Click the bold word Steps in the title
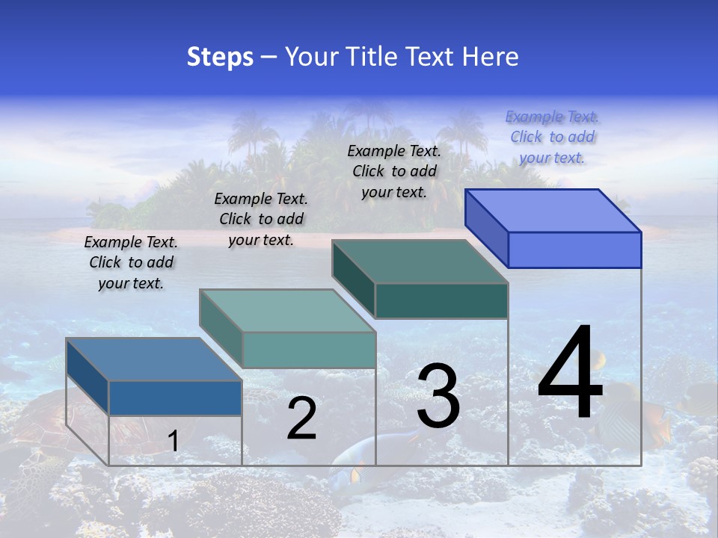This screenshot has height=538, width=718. coord(220,57)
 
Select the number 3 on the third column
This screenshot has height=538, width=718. coord(438,396)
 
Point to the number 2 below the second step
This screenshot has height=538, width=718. coord(302,419)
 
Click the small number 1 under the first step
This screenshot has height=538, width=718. coord(174,441)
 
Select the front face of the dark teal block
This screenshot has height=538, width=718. coord(441,301)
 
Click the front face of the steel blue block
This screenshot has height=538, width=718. coord(175,398)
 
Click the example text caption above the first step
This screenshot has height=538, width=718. coord(131,262)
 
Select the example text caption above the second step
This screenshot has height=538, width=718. coord(261,219)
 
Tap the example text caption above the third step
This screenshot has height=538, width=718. coord(394,171)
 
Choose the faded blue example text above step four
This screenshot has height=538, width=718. coord(552,137)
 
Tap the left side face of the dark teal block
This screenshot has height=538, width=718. coord(353,278)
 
